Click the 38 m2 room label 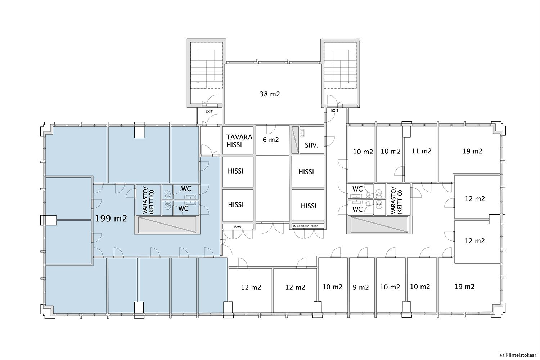[x=270, y=94]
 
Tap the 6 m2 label [x=271, y=140]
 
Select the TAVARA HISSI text [x=239, y=141]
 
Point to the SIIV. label [x=312, y=145]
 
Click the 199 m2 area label [x=111, y=219]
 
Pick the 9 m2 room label [x=361, y=287]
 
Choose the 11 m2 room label [x=422, y=151]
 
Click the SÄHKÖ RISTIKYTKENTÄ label [x=305, y=226]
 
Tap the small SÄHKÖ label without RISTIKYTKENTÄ [x=238, y=226]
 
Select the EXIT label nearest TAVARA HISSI [x=209, y=111]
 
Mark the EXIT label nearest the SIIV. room [x=334, y=111]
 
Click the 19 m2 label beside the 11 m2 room [x=472, y=151]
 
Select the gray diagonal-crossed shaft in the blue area [x=167, y=225]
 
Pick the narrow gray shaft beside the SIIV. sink [x=295, y=140]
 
